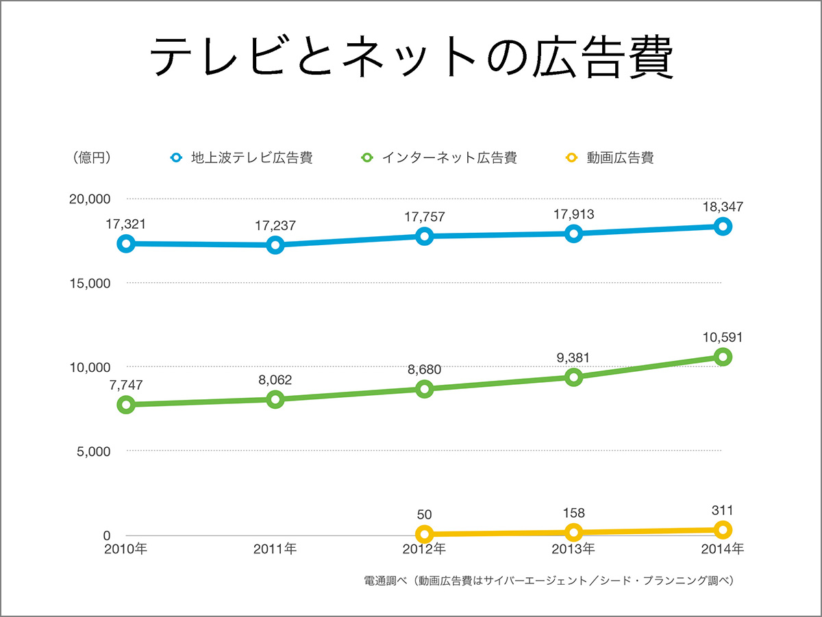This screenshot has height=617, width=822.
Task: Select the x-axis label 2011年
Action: pos(275,549)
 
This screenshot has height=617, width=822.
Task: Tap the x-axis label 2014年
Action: pos(722,549)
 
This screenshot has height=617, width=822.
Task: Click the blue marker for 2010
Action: pos(125,244)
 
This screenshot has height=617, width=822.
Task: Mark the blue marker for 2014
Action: pos(723,227)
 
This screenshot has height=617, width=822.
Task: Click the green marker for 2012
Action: pos(424,389)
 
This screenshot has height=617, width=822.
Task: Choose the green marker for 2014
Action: pos(723,357)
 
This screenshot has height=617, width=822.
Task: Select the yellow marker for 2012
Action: pos(424,533)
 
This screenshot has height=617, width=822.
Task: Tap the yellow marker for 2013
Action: pos(573,532)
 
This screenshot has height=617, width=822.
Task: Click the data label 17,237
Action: pos(275,225)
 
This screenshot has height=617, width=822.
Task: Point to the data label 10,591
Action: pos(723,337)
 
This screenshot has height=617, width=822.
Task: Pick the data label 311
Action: pos(723,510)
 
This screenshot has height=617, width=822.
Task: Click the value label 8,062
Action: pos(275,379)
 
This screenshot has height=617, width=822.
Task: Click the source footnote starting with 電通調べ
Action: pos(549,581)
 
